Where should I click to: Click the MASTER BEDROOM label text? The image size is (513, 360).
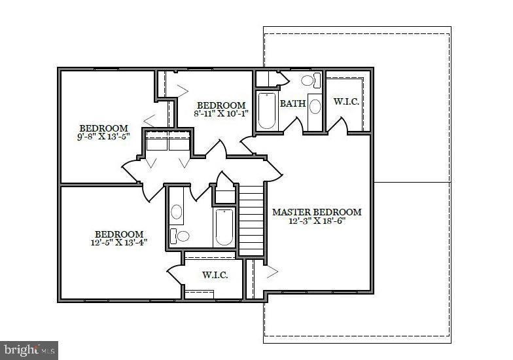tap(317, 212)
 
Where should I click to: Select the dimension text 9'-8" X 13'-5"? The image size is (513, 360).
tap(103, 137)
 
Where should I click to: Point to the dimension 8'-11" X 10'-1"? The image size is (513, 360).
tap(221, 113)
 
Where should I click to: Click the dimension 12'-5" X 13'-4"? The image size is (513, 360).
tap(119, 242)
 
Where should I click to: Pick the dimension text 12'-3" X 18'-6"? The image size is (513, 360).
tap(317, 221)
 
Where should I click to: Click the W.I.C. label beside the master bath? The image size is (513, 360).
tap(345, 102)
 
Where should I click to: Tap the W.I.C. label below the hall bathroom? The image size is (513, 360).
tap(215, 275)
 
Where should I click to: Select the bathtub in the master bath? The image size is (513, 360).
tap(266, 111)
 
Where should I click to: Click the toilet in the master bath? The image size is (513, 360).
tap(310, 81)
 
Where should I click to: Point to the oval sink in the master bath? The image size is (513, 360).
tap(315, 107)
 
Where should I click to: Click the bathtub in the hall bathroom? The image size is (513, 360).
tap(224, 227)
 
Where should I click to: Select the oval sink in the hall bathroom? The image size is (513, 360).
tap(177, 212)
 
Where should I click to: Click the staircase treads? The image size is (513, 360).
tap(251, 219)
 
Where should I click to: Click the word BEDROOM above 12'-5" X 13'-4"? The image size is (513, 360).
tap(119, 234)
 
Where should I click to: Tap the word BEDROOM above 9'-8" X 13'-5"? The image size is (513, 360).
tap(103, 128)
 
